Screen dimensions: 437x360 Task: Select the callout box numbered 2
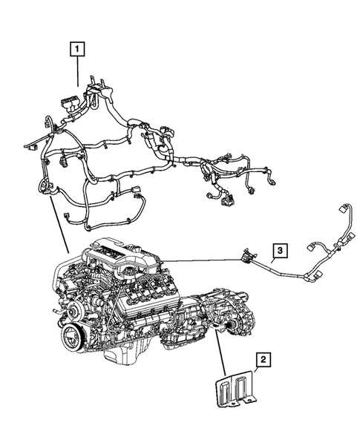263,361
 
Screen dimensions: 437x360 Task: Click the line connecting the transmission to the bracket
220,355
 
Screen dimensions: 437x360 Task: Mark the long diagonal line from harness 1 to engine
59,223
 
